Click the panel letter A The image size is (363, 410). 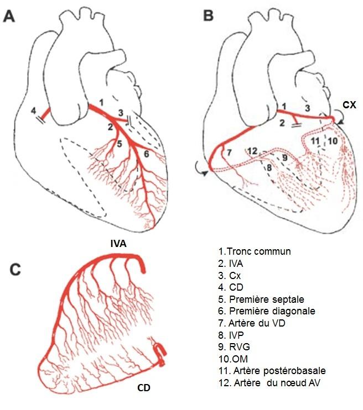click(x=11, y=16)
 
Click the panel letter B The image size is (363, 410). click(x=208, y=16)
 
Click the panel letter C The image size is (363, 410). click(x=17, y=270)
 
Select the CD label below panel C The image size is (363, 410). click(x=145, y=388)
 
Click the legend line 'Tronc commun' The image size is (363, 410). click(x=255, y=251)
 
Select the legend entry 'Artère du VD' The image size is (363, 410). click(x=255, y=323)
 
